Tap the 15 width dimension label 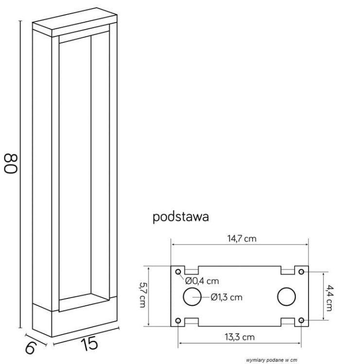tap(89, 344)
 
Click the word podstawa tap(181, 217)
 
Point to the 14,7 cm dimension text tap(241, 239)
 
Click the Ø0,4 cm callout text tap(202, 281)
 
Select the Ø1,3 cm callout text tap(226, 297)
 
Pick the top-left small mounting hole tap(178, 271)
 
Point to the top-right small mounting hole tap(302, 271)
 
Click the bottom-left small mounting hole tap(178, 320)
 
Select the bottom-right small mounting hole tap(302, 320)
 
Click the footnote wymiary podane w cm tap(272, 360)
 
